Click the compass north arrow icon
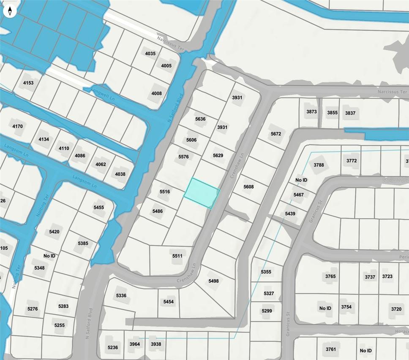point(10,11)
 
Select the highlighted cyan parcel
point(202,193)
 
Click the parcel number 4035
point(150,54)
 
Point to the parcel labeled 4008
point(156,93)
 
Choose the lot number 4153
point(28,83)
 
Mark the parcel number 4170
point(18,126)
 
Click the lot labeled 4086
point(80,156)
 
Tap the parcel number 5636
point(200,119)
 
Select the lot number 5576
point(183,157)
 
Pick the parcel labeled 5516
point(164,192)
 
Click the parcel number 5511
point(177,256)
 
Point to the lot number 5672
point(276,134)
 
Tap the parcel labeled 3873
point(311,112)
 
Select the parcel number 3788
point(319,165)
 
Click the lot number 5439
point(290,214)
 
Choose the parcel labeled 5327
point(269,293)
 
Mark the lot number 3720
point(396,309)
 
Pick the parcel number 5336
point(121,295)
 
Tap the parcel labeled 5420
point(54,232)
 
